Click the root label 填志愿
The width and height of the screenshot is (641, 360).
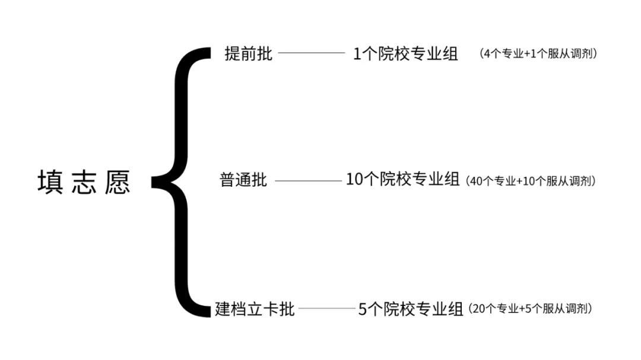(84, 183)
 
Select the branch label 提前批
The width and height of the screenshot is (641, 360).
(249, 54)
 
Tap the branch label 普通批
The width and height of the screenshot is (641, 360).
(243, 180)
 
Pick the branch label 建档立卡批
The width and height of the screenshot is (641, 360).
(255, 309)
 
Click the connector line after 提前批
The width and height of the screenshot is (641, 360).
(311, 53)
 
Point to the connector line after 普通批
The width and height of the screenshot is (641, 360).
(307, 180)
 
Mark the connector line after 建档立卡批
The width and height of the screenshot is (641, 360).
(326, 309)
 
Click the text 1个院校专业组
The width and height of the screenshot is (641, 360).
(406, 54)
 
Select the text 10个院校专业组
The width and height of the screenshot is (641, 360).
(402, 180)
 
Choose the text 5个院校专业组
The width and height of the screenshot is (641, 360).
(411, 309)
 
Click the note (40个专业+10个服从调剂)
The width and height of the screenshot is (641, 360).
(531, 180)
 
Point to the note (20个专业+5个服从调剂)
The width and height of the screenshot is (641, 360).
(530, 309)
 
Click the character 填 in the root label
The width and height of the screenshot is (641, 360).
(50, 183)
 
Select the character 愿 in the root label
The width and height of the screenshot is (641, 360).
(118, 183)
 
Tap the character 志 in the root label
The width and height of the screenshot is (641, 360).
(84, 183)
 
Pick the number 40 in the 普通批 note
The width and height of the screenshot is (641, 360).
(477, 181)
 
